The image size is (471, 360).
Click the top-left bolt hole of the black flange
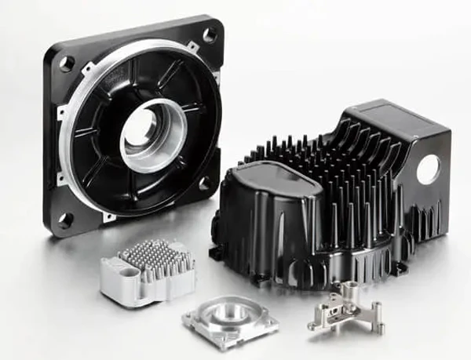[67, 62]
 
